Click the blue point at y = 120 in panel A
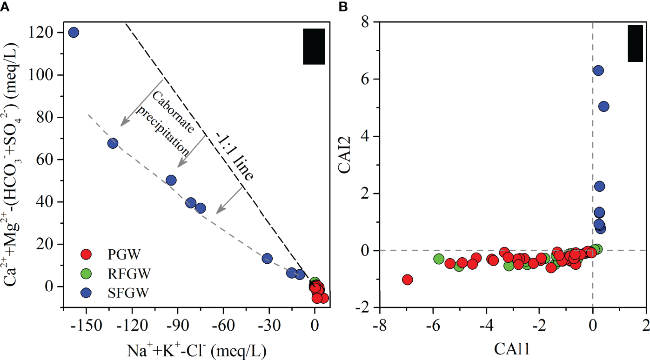74,33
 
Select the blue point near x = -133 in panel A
112,143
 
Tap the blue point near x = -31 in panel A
267,258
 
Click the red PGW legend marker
86,254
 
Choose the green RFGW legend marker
86,273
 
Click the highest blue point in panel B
598,70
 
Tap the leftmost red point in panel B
407,280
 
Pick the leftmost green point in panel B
439,259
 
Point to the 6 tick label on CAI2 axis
369,79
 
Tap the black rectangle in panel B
635,43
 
